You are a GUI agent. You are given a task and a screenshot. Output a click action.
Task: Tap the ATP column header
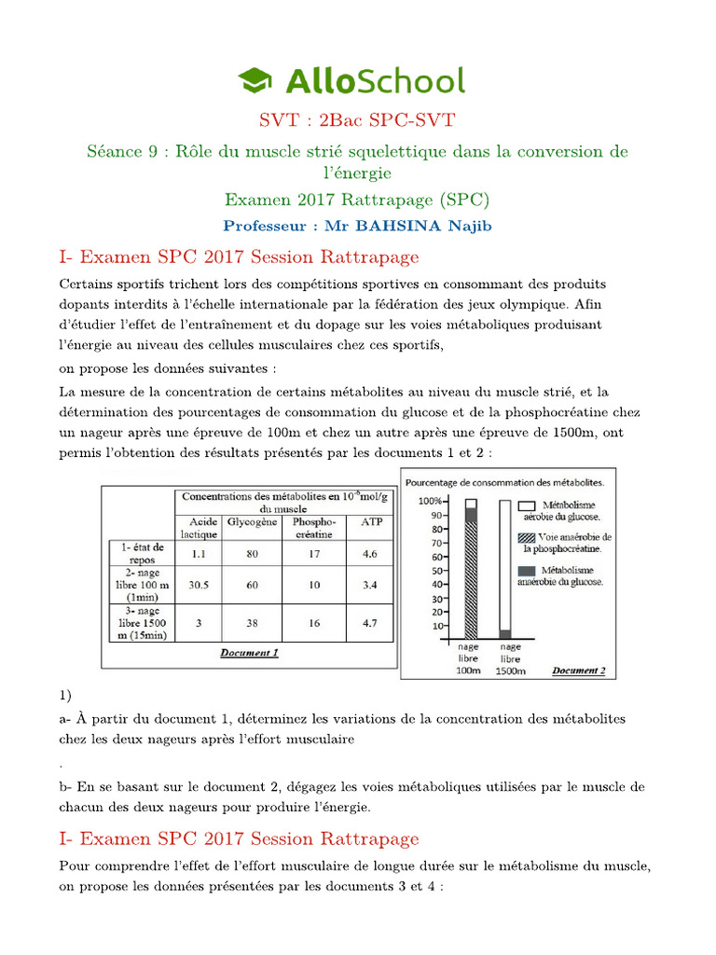(370, 522)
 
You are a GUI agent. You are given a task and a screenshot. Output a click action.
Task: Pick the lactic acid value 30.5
(198, 586)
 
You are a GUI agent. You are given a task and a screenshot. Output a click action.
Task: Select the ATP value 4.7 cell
(370, 623)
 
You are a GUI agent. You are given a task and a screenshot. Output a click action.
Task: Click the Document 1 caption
(249, 653)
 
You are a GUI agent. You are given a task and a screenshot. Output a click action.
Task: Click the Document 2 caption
(578, 670)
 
